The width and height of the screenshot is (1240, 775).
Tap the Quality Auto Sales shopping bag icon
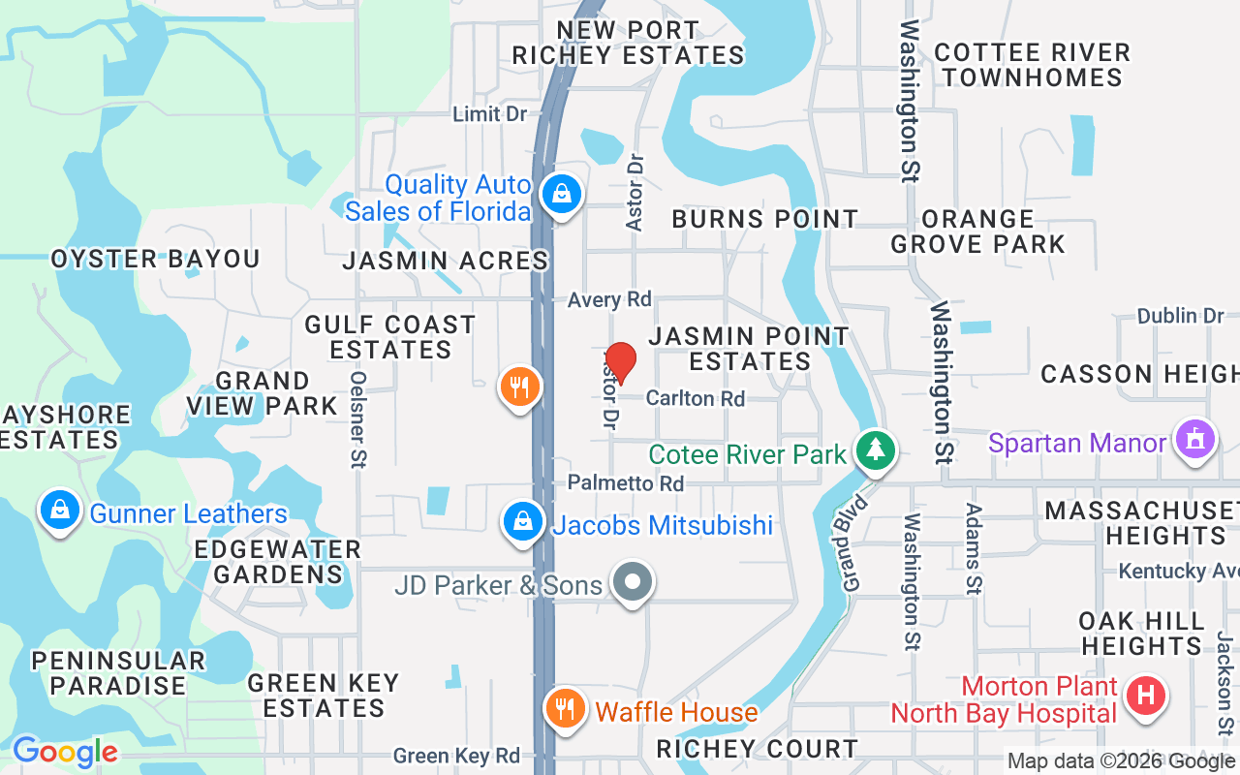tap(561, 193)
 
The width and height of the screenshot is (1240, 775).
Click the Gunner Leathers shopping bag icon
tap(60, 510)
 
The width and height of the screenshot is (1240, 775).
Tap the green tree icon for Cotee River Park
tap(876, 449)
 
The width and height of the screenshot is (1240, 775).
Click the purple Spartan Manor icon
tap(1194, 441)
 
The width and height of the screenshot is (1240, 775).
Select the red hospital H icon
tap(1146, 696)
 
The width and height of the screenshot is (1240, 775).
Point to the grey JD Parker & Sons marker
tap(635, 583)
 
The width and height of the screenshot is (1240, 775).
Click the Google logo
tap(65, 752)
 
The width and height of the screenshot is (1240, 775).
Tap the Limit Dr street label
tap(490, 114)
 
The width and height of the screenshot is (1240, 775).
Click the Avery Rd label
tap(609, 299)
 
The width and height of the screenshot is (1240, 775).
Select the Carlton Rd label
tap(695, 398)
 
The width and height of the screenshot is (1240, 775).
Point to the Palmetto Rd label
tap(625, 482)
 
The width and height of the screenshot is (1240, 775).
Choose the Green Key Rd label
tap(456, 756)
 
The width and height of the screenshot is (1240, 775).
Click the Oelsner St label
tap(358, 419)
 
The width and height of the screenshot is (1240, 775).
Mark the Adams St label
tap(975, 547)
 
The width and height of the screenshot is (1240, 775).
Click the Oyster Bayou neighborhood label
tap(155, 260)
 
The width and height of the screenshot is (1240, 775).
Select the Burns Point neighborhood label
tap(764, 220)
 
